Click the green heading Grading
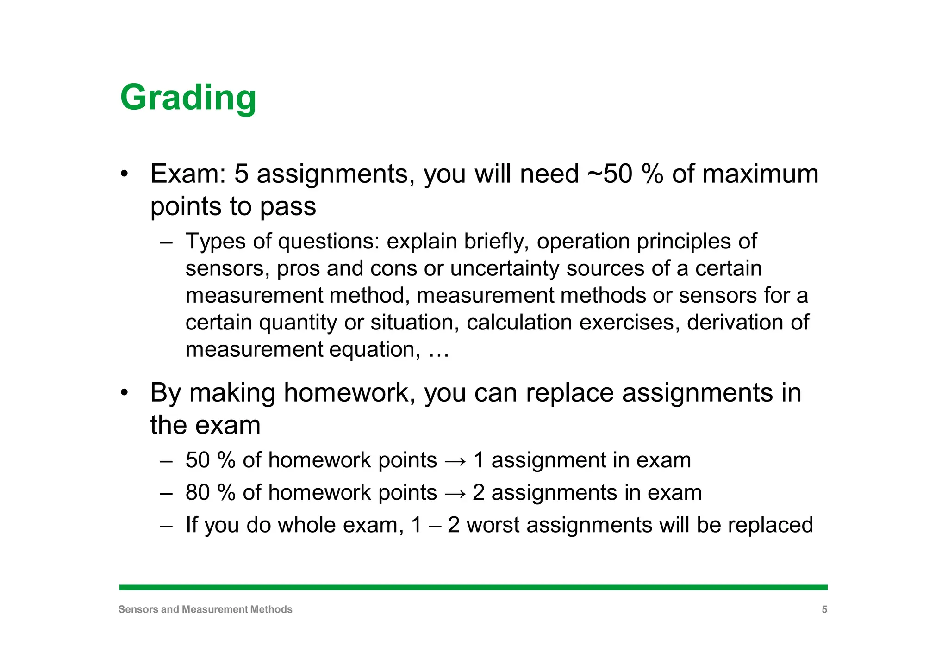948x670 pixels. [x=188, y=98]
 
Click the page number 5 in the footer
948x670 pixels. [x=824, y=609]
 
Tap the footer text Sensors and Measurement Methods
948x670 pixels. [x=205, y=609]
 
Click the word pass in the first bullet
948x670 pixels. [x=288, y=206]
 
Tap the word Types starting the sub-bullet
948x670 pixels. [x=214, y=242]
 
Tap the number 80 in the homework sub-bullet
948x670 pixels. [x=198, y=492]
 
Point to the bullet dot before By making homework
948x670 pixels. [x=124, y=393]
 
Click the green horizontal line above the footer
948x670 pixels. [x=473, y=587]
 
